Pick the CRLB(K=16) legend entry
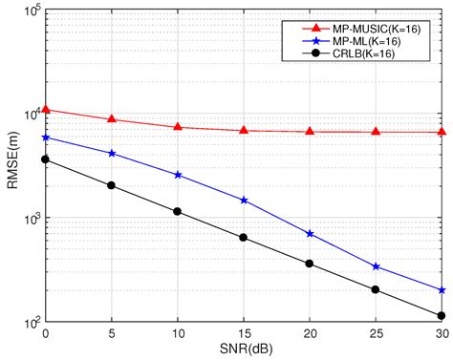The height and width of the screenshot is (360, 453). pos(369,56)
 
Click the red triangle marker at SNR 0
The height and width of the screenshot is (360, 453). pos(46,110)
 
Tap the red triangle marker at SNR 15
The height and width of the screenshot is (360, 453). pos(244,130)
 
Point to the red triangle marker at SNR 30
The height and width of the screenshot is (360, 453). pos(442,132)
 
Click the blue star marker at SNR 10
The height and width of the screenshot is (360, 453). pos(178,175)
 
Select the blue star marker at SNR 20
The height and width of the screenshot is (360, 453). pos(310,233)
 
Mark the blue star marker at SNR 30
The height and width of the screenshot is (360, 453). pos(442,289)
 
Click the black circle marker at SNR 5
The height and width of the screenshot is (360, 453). pos(112,185)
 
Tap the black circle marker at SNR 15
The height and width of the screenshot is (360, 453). pos(244,237)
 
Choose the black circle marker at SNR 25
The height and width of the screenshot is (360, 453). pos(376,289)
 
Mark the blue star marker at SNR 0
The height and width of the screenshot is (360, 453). pos(46,138)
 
